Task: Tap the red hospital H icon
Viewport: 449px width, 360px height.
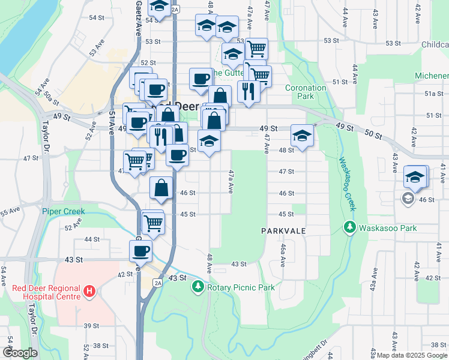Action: point(89,292)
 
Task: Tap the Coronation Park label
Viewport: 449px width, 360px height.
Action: point(306,92)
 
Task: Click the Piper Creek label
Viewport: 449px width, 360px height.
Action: point(64,211)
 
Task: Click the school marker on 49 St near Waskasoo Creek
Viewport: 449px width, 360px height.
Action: point(302,135)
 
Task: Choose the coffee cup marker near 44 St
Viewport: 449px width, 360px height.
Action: point(140,250)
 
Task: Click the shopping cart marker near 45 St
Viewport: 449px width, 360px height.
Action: point(154,221)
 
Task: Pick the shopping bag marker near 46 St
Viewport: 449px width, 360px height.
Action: point(161,187)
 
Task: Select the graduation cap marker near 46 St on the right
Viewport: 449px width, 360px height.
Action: point(415,176)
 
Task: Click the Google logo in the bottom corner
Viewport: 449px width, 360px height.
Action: point(20,353)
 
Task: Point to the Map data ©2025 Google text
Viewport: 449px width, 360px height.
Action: point(412,356)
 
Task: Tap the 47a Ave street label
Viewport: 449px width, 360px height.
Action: point(230,181)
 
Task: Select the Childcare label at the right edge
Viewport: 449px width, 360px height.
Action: point(435,45)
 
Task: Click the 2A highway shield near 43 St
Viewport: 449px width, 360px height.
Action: point(157,283)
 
